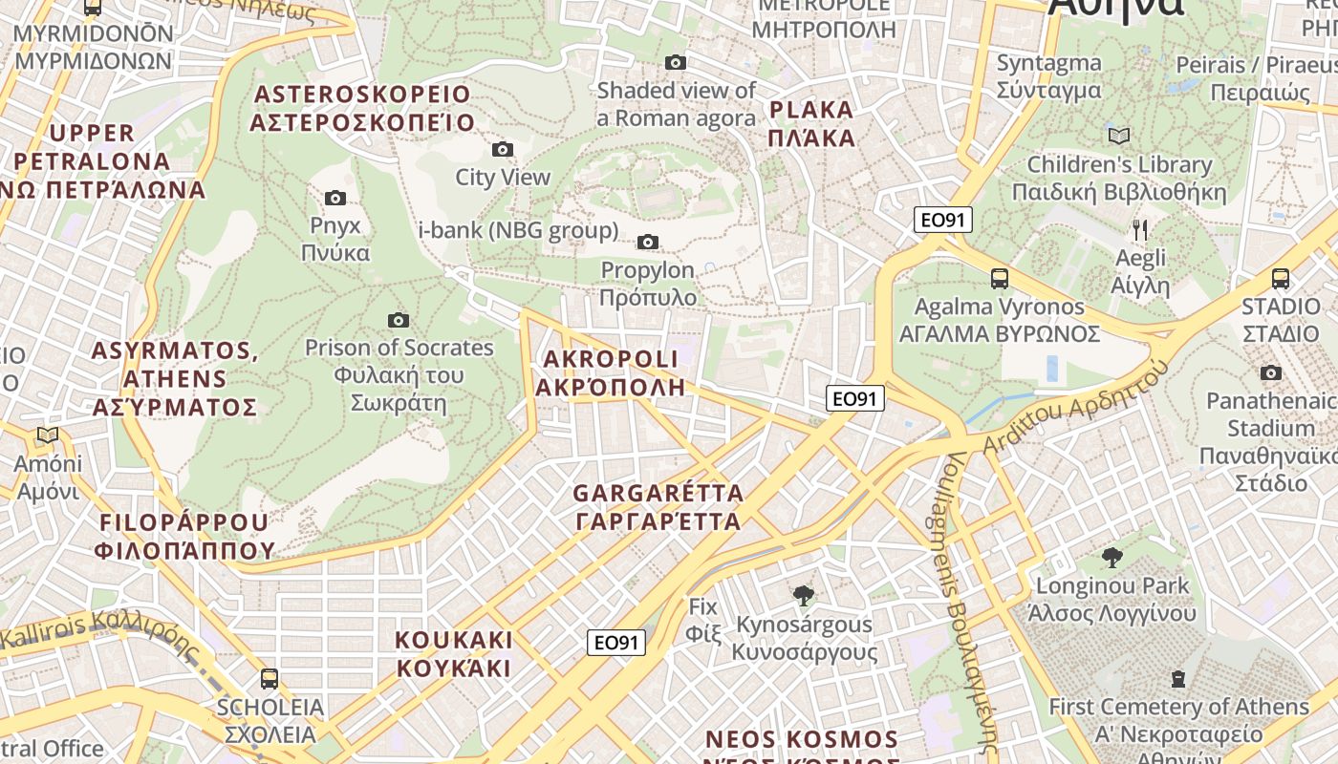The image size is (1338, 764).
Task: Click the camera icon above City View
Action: pyautogui.click(x=502, y=149)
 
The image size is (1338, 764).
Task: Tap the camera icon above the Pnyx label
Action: pyautogui.click(x=334, y=198)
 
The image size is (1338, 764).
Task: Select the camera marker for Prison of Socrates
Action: pyautogui.click(x=399, y=320)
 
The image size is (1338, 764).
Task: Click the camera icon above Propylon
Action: pyautogui.click(x=648, y=242)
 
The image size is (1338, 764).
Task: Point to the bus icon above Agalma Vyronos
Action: pyautogui.click(x=999, y=279)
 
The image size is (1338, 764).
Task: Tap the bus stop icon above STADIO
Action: pyautogui.click(x=1280, y=279)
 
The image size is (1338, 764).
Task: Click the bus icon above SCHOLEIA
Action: pyautogui.click(x=270, y=679)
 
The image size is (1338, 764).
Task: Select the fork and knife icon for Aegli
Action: pyautogui.click(x=1139, y=229)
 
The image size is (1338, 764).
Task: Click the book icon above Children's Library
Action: pyautogui.click(x=1118, y=136)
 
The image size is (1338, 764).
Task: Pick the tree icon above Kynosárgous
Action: pyautogui.click(x=804, y=596)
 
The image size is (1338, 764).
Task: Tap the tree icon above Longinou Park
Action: pyautogui.click(x=1111, y=557)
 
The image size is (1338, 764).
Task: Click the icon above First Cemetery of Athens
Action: pyautogui.click(x=1177, y=679)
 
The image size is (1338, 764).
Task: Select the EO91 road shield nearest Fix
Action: pyautogui.click(x=616, y=643)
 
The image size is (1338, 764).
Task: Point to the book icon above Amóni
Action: pyautogui.click(x=47, y=435)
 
